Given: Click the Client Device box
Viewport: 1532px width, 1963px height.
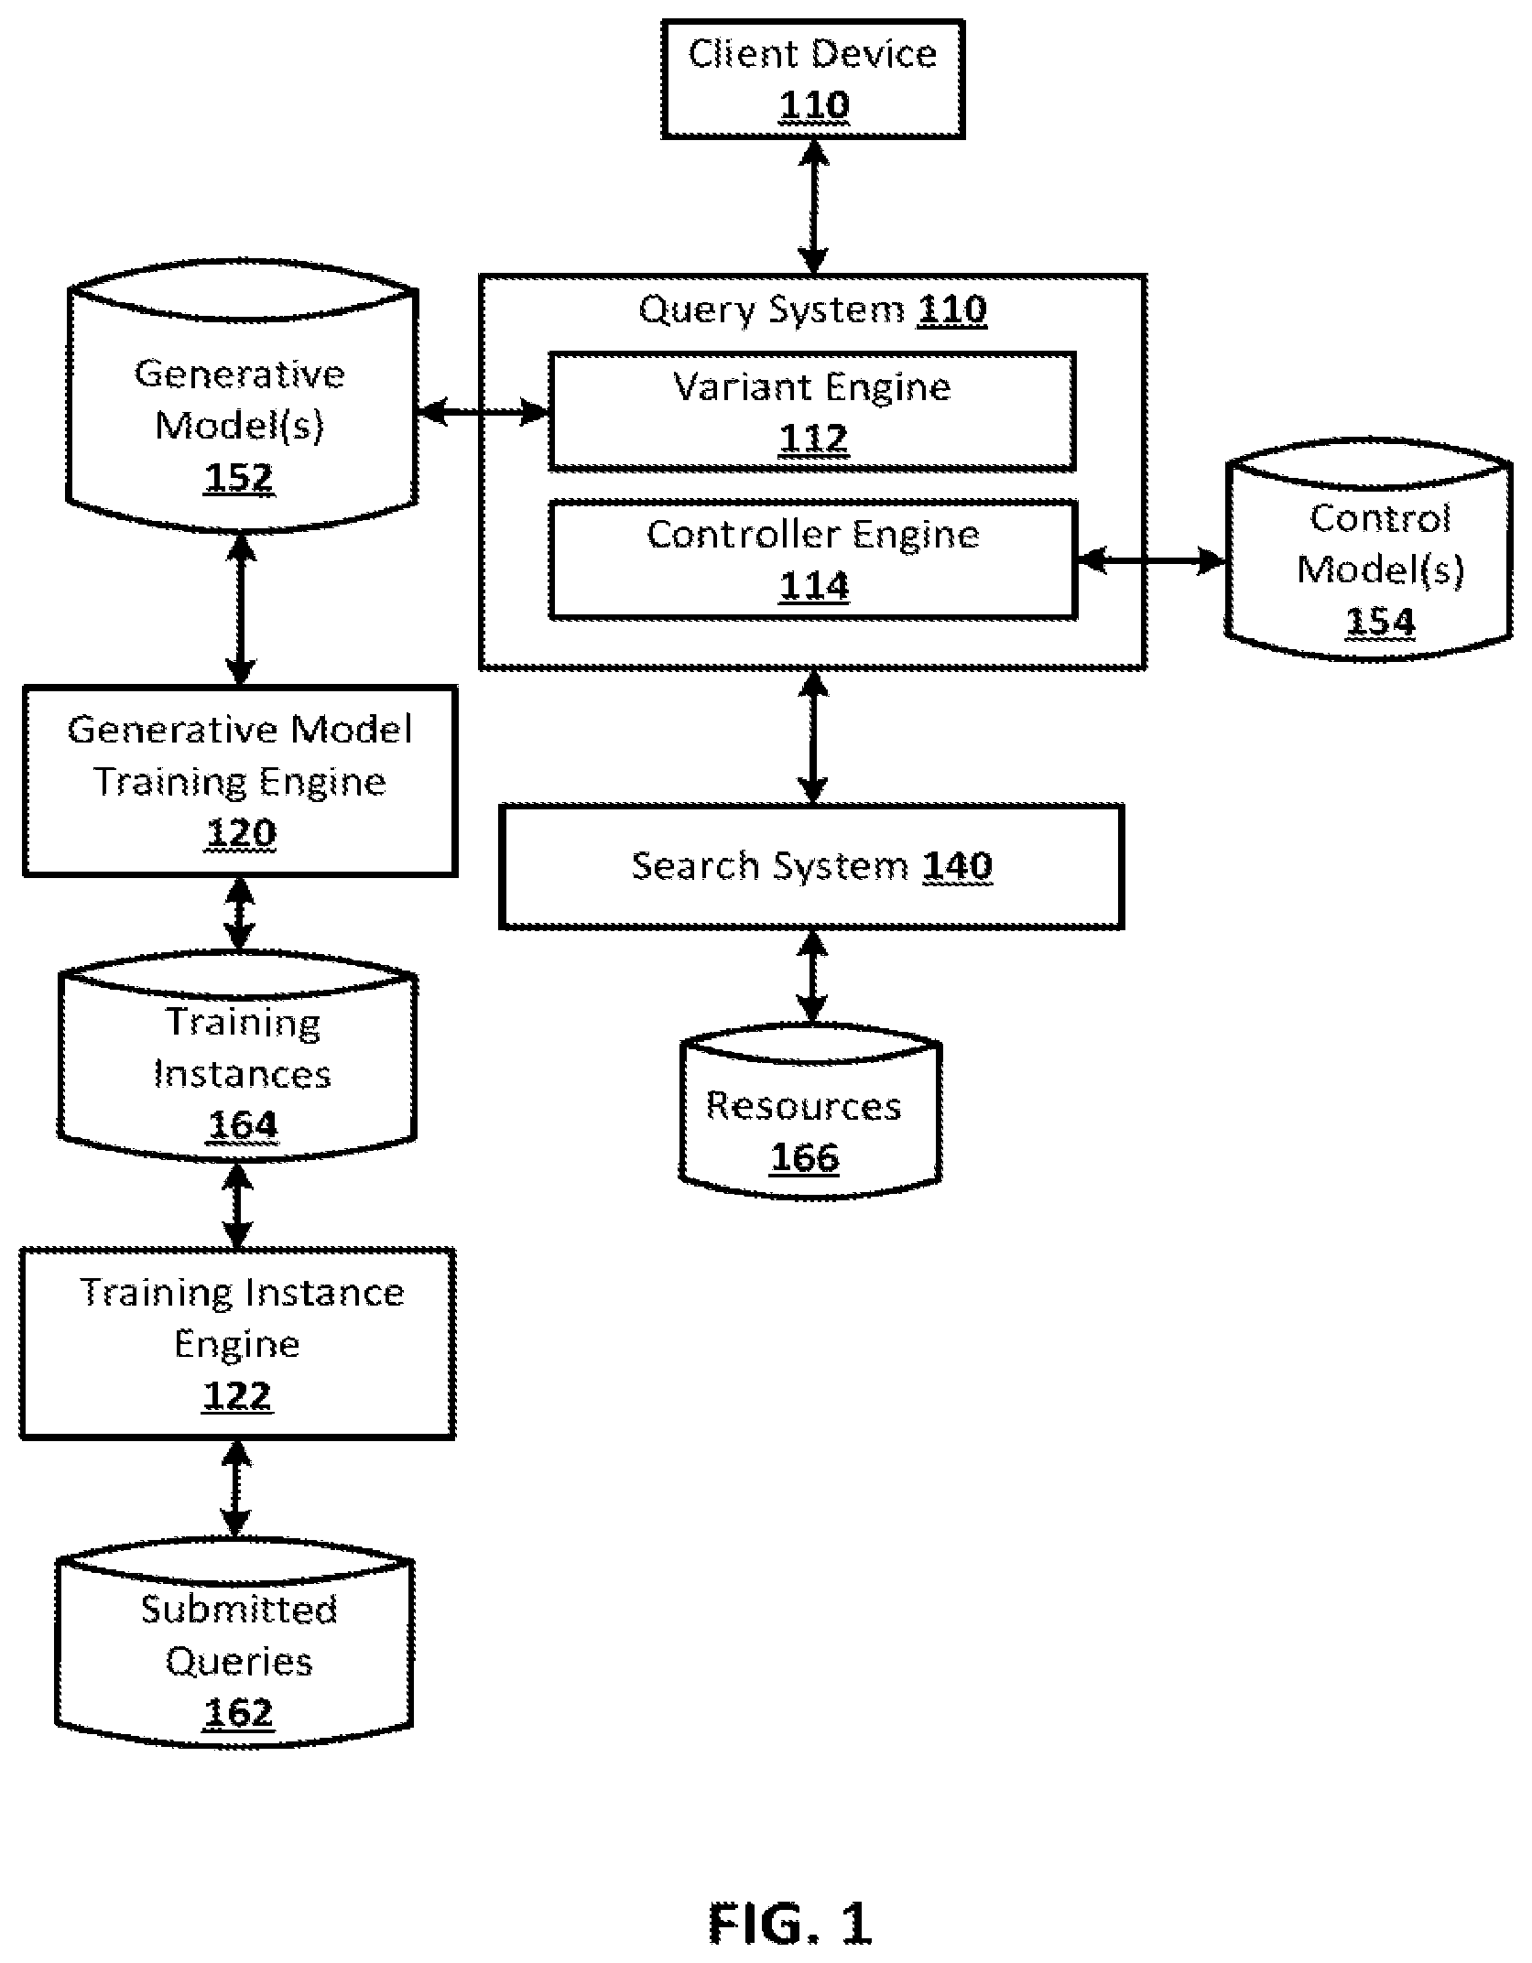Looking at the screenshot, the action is click(813, 79).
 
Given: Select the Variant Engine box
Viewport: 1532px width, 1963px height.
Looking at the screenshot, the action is click(812, 412).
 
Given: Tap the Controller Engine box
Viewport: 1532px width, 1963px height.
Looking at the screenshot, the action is click(812, 559).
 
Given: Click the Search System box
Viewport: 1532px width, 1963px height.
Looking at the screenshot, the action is click(811, 866).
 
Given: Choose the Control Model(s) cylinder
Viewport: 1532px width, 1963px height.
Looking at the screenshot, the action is click(1368, 553).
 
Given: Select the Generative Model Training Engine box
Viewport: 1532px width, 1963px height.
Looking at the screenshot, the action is click(240, 781).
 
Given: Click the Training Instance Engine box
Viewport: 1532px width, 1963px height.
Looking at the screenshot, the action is click(237, 1343).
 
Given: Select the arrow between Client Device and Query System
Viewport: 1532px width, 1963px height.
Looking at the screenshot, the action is click(813, 207).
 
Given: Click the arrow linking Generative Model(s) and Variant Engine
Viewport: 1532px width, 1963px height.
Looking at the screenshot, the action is click(484, 413).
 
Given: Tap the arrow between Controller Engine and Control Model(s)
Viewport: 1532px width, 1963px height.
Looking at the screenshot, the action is click(1150, 560).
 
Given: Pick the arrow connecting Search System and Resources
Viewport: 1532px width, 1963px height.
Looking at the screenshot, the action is click(812, 976).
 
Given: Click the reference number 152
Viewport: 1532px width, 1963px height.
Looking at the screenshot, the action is click(239, 478).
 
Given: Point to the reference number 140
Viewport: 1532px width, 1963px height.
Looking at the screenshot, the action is click(957, 866).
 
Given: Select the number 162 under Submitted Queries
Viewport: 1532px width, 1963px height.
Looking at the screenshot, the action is click(238, 1712).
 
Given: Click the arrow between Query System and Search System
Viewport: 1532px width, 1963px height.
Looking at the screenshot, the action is click(812, 737).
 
